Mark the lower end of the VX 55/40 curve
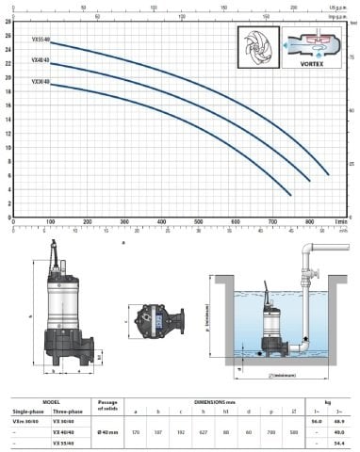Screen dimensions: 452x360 click(x=328, y=175)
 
